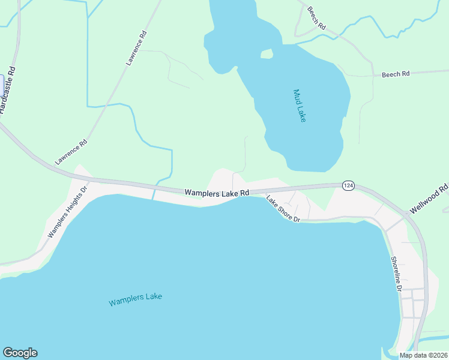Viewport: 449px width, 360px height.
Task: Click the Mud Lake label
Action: pos(299,106)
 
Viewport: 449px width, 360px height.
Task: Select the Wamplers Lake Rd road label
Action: pos(217,193)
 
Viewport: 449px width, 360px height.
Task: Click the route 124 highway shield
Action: pos(348,185)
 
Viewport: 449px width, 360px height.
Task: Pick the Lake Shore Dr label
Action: pos(283,210)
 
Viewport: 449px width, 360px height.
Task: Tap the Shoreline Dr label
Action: pos(396,274)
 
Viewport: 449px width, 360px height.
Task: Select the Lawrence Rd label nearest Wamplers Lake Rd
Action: pos(71,152)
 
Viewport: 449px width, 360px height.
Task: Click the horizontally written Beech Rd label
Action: pos(395,74)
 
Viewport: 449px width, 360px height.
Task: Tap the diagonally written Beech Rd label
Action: pos(316,19)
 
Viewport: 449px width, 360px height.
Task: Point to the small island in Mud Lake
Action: pos(267,54)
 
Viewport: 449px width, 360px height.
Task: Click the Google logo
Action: pos(20,353)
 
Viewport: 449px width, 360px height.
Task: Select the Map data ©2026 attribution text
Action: pos(423,355)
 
